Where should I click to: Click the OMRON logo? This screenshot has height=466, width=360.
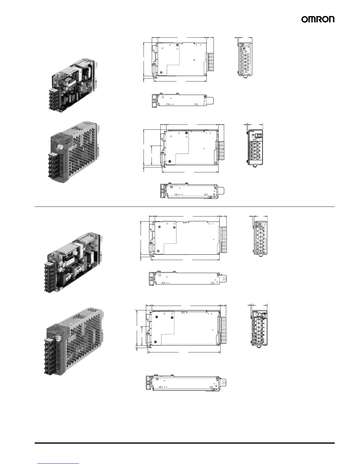point(318,19)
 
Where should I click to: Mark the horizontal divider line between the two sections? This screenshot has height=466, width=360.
point(185,207)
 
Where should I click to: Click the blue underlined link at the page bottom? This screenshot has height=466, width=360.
point(59,463)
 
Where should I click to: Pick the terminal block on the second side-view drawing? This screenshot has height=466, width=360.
point(221,151)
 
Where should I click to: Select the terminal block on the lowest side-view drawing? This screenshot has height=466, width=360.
point(224,330)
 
